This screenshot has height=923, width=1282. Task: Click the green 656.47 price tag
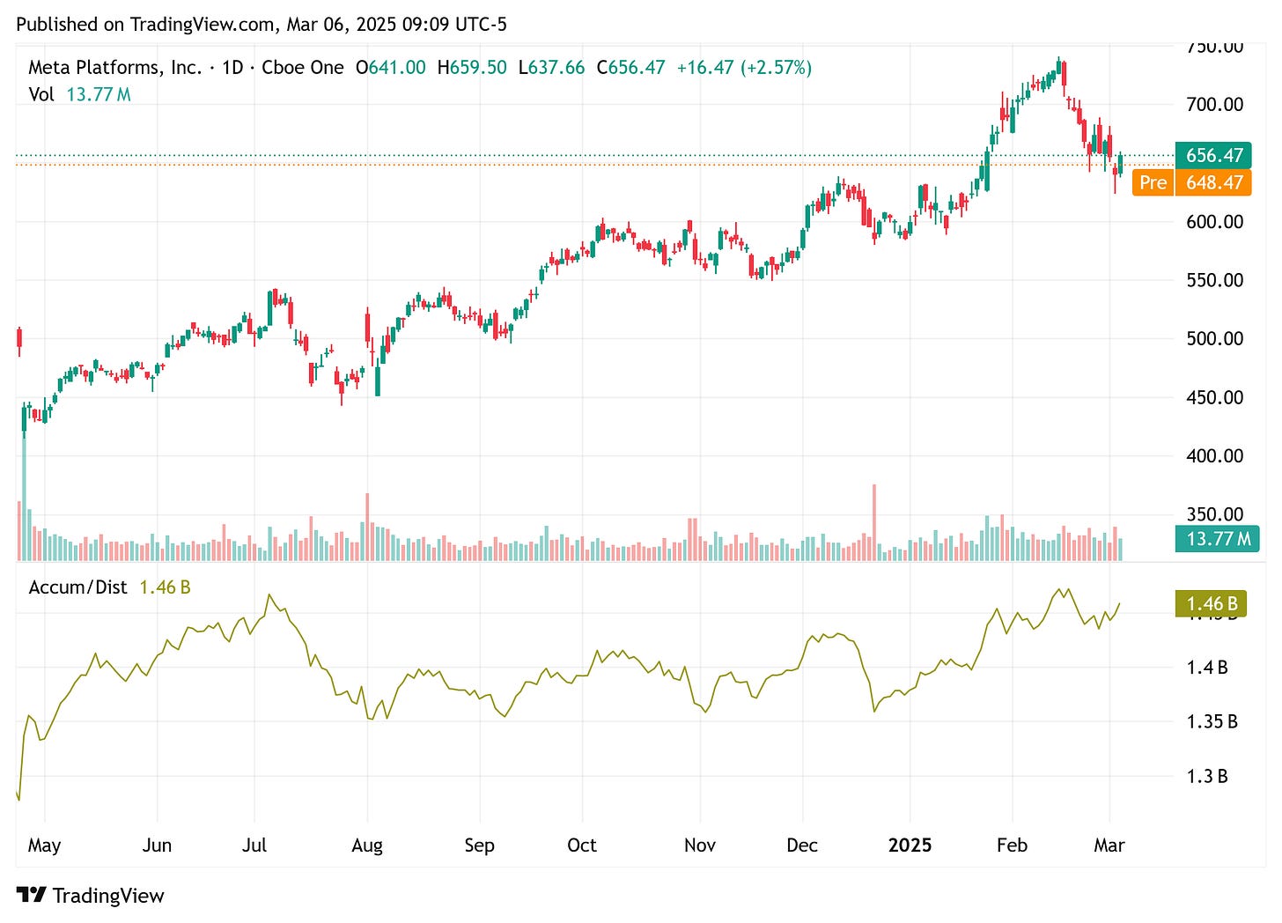coord(1213,155)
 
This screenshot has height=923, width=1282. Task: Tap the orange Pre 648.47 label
coord(1191,182)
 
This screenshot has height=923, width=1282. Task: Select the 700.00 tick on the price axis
coord(1214,105)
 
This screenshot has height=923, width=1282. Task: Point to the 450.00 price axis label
coord(1214,397)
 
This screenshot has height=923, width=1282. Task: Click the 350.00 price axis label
coord(1214,514)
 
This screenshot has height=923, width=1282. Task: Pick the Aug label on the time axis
coord(367,845)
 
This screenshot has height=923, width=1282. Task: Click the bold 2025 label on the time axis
coord(910,845)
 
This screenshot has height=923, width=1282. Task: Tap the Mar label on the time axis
coord(1109,845)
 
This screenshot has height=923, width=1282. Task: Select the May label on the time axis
coord(44,845)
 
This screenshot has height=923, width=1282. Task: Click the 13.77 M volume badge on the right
coord(1218,539)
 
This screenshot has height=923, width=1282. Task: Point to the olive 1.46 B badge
coord(1212,604)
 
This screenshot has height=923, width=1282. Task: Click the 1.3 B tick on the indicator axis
coord(1206,777)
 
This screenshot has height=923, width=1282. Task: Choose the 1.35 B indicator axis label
coord(1212,722)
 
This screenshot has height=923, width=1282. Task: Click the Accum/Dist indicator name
coord(77,587)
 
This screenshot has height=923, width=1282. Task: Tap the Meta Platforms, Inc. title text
coord(114,68)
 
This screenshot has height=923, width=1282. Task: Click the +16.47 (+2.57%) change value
coord(744,68)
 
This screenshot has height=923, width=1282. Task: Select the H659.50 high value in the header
coord(472,68)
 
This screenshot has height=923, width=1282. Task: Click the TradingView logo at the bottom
coord(91,896)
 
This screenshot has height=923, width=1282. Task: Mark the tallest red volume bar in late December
coord(874,521)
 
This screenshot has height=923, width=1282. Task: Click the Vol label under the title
coord(41,94)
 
